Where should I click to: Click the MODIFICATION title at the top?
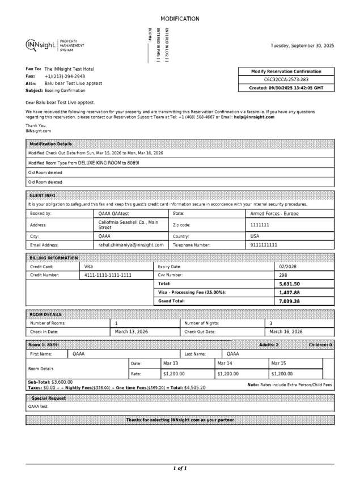tap(180, 19)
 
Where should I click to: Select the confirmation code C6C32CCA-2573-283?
tap(287, 80)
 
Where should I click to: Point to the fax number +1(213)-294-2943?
tap(65, 76)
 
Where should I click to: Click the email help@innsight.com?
tap(254, 117)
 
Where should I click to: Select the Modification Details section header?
tap(51, 144)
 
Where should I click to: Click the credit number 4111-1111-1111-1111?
tap(108, 275)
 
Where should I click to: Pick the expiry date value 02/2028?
tap(288, 267)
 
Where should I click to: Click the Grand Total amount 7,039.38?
tap(290, 301)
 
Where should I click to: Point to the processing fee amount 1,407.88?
tap(290, 293)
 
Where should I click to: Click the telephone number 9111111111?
tap(264, 245)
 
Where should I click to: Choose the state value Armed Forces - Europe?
tap(274, 214)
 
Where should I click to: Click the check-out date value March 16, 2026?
tap(286, 332)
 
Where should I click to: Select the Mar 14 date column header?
tap(225, 363)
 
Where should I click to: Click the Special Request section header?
tap(49, 398)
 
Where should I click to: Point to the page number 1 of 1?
tap(180, 468)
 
